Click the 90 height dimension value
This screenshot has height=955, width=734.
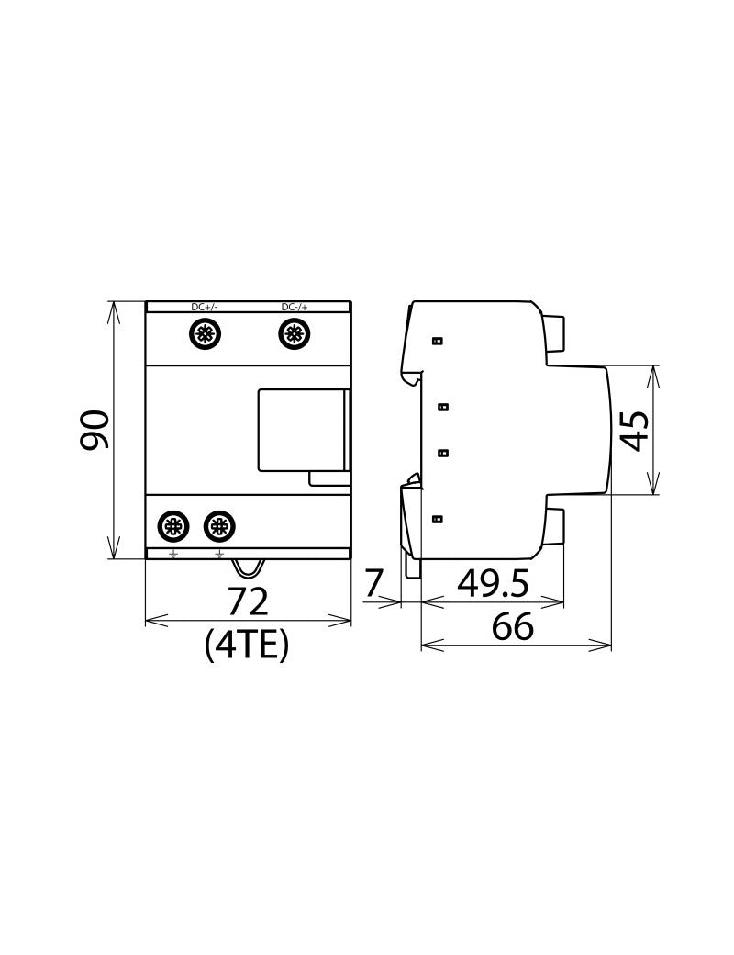pyautogui.click(x=94, y=430)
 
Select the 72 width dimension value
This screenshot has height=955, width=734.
pyautogui.click(x=248, y=601)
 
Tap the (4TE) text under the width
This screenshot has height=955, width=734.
pyautogui.click(x=248, y=646)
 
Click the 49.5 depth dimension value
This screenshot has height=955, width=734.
pyautogui.click(x=492, y=583)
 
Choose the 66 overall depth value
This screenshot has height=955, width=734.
pyautogui.click(x=514, y=627)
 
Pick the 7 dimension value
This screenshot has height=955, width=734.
pyautogui.click(x=373, y=583)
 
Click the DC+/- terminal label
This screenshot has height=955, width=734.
pyautogui.click(x=205, y=307)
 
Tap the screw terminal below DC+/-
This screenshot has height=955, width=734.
pyautogui.click(x=204, y=333)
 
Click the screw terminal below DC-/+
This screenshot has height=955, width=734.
pyautogui.click(x=294, y=333)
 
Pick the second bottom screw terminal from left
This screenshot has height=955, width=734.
pyautogui.click(x=217, y=526)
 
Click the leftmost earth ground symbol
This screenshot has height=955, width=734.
pyautogui.click(x=172, y=554)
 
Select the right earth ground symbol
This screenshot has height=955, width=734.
pyautogui.click(x=218, y=554)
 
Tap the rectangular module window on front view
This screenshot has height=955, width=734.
pyautogui.click(x=299, y=429)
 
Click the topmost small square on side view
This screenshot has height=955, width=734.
pyautogui.click(x=438, y=341)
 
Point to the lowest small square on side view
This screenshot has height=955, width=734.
pyautogui.click(x=438, y=519)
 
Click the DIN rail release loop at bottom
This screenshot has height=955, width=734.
pyautogui.click(x=249, y=569)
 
